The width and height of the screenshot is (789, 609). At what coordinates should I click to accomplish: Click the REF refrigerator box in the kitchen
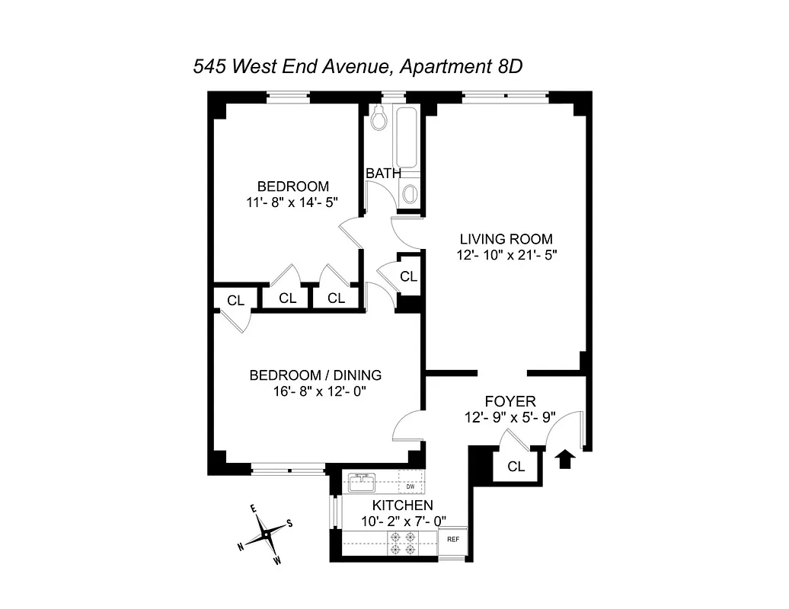point(453,539)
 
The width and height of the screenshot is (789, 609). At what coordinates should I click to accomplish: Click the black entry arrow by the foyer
point(564,459)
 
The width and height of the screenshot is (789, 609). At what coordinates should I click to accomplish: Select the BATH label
point(383,174)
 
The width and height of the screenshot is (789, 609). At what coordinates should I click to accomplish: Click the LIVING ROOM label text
point(506,238)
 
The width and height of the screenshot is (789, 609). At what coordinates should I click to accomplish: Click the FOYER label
point(510,401)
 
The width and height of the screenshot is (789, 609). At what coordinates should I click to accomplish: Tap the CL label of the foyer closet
point(516,467)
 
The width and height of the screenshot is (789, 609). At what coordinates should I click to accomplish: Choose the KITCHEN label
point(402,505)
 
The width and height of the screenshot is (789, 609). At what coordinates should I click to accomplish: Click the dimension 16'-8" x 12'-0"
point(315,391)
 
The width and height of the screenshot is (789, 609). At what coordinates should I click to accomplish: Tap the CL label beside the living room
point(408,276)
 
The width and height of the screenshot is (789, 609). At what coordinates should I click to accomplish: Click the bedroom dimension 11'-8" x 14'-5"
point(292,202)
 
